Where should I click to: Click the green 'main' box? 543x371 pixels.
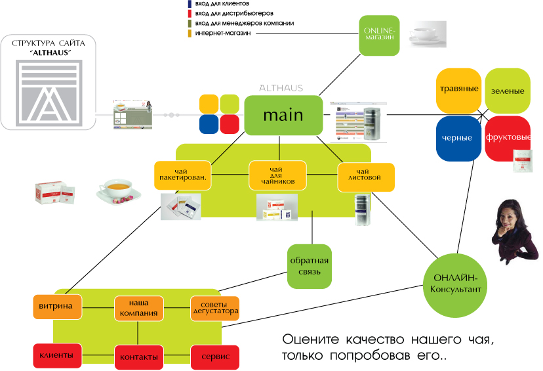(283, 115)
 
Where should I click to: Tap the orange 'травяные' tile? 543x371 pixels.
(458, 89)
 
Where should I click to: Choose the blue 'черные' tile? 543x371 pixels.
(458, 139)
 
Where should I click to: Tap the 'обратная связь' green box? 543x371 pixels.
(309, 266)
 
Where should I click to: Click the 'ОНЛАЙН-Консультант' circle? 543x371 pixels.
(456, 285)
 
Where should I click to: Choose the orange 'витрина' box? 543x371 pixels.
(58, 307)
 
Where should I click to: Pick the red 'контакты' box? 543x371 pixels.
(138, 357)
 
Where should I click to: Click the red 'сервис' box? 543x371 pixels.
(215, 357)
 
